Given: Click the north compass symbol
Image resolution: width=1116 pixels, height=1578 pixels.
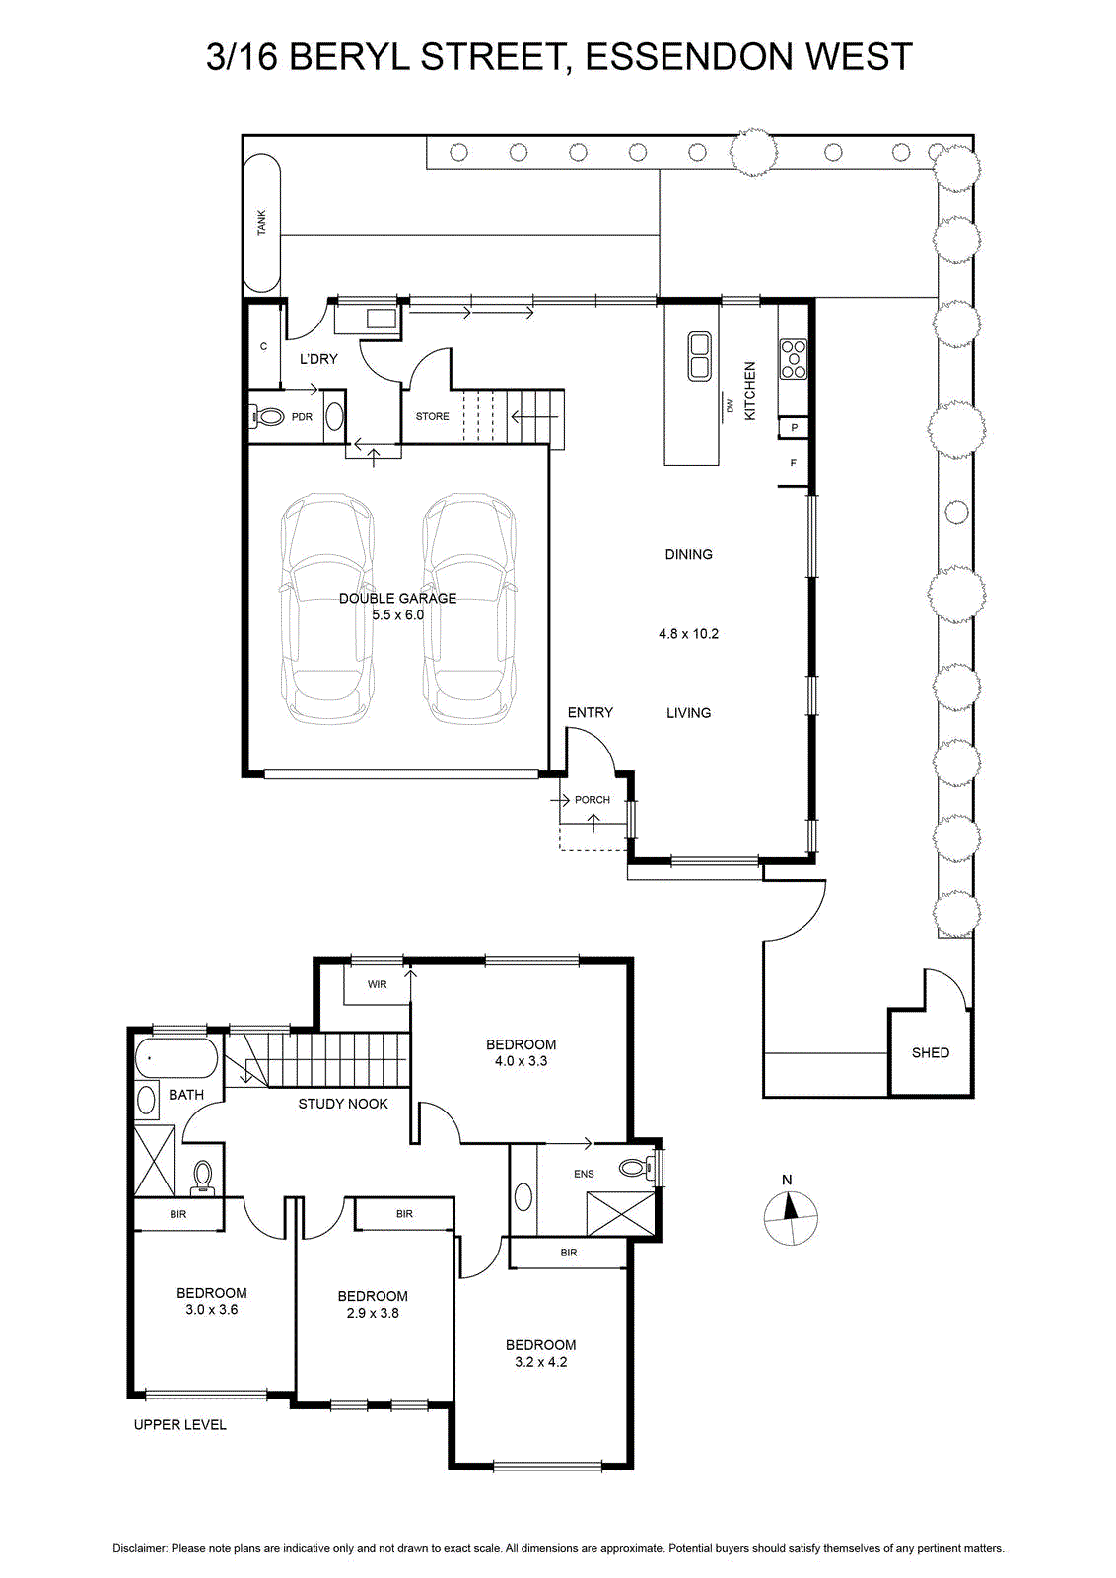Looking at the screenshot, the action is (x=791, y=1217).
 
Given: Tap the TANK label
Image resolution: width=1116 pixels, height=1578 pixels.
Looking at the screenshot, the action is (x=262, y=222).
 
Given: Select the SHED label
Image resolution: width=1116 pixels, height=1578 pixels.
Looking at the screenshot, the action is (x=930, y=1052).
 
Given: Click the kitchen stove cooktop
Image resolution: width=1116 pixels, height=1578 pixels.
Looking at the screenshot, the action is (x=794, y=360).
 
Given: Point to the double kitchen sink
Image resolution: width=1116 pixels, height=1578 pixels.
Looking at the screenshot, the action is (x=699, y=356).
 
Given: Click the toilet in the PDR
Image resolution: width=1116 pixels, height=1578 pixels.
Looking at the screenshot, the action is (x=265, y=417).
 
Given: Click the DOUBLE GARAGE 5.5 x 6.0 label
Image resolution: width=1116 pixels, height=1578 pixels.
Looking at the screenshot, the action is (x=398, y=606).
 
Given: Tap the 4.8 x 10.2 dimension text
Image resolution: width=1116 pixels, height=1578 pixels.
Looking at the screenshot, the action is (x=688, y=633).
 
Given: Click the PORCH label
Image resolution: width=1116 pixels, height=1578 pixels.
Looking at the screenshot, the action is (x=593, y=800).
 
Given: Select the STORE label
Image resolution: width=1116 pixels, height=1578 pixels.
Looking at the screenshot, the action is (x=433, y=416).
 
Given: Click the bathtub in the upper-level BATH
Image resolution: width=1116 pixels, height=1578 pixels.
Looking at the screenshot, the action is (x=176, y=1057).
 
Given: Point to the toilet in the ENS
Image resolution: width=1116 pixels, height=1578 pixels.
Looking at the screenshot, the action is (x=637, y=1168).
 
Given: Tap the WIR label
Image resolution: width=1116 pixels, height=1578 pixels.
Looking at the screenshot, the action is (x=377, y=984).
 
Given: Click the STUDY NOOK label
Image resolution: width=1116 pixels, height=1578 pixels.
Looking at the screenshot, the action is (x=343, y=1104).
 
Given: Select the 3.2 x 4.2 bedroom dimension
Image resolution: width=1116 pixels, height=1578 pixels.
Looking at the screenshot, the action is (x=541, y=1362).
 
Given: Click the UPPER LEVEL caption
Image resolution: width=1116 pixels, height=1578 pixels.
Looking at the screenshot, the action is (x=180, y=1424).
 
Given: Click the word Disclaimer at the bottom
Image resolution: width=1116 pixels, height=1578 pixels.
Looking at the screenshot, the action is (x=140, y=1548).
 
